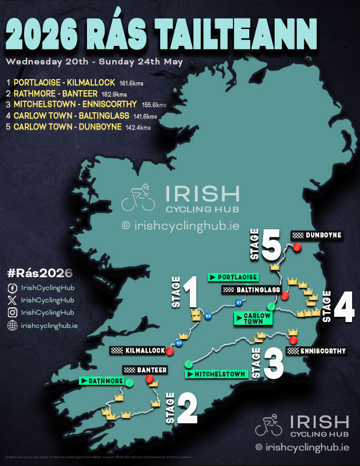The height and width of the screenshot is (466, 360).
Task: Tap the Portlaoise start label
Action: click(233, 277)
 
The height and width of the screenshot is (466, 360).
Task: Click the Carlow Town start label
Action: click(253, 318)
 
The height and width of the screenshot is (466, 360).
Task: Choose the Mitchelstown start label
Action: click(216, 374)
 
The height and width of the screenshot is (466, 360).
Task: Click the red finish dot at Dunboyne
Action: click(297, 247)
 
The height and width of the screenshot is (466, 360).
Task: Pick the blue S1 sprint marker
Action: click(239, 303)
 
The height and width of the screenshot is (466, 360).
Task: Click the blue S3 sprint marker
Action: click(179, 343)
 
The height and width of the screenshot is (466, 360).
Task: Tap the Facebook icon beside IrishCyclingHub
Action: click(12, 288)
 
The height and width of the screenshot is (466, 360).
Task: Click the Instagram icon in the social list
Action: click(12, 313)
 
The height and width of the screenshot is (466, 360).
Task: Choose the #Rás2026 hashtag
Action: click(40, 273)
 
